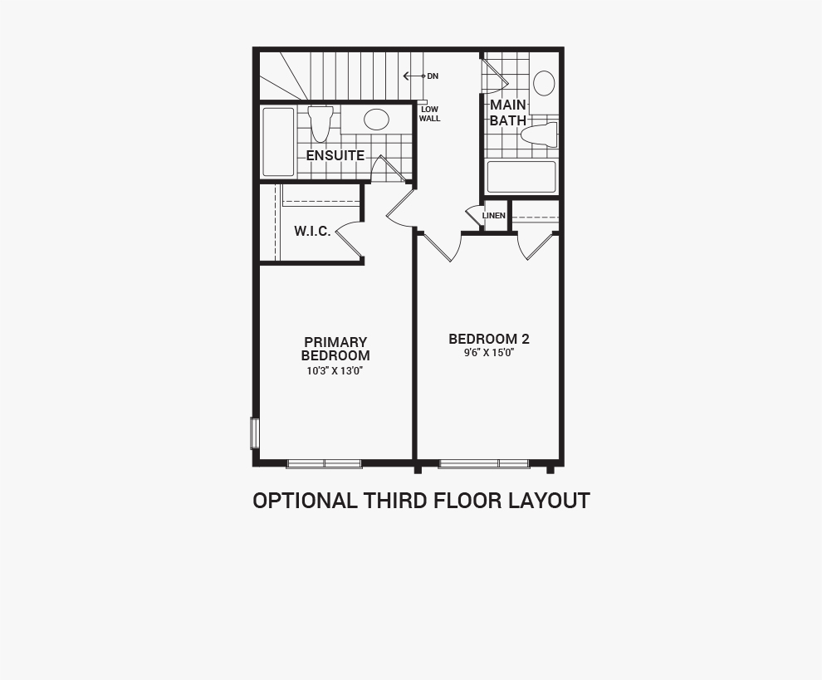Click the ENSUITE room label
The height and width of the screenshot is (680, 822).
335,156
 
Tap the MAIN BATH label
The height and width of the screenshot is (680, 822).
508,113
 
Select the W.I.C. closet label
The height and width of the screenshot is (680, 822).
312,231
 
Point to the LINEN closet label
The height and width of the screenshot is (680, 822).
494,216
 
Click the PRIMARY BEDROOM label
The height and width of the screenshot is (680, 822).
335,349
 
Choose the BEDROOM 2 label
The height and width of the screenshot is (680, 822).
489,340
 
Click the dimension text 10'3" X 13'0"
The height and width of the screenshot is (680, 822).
335,371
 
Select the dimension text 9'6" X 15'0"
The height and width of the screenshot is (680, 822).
489,353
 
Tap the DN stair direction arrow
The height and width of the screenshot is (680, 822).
414,76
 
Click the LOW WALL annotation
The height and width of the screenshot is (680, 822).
430,115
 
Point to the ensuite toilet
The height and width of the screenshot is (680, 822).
320,124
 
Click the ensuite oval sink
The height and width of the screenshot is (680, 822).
376,120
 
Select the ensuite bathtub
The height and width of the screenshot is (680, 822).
278,141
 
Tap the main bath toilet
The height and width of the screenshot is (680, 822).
539,135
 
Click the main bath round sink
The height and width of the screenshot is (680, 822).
544,83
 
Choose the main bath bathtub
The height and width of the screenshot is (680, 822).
521,177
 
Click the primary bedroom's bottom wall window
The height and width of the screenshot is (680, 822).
325,463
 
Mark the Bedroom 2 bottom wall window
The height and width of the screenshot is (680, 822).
483,463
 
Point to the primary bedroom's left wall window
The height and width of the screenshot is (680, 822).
255,433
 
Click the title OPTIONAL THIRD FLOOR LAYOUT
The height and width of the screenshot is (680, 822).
422,501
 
